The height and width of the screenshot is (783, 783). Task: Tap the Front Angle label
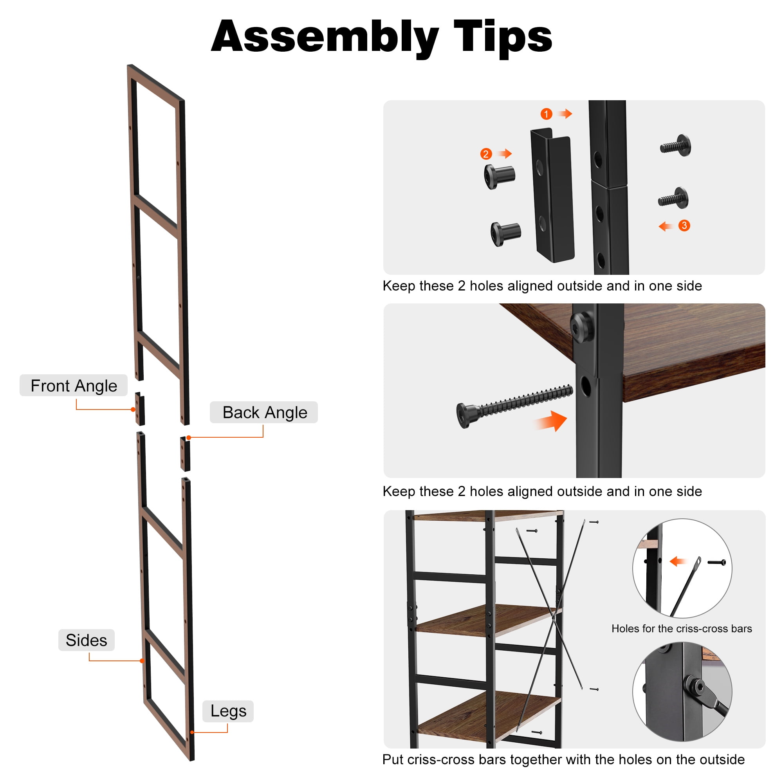click(74, 385)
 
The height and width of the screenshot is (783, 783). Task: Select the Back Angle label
click(264, 412)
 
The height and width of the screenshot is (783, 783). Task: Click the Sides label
click(86, 640)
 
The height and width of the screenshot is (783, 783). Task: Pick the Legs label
click(228, 711)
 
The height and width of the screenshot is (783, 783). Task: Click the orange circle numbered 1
click(546, 114)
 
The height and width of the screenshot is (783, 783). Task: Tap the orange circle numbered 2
click(486, 154)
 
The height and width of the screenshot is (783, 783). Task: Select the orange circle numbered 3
click(684, 226)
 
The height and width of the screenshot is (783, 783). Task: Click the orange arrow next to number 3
click(666, 226)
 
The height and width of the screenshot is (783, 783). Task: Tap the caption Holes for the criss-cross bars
click(682, 628)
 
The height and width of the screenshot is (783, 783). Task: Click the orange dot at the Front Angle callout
click(133, 410)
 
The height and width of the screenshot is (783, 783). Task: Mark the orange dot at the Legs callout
click(192, 732)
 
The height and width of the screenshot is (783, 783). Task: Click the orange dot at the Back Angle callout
click(188, 438)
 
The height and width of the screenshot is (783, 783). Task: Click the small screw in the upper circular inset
click(716, 562)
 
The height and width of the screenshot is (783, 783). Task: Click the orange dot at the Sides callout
click(142, 661)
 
